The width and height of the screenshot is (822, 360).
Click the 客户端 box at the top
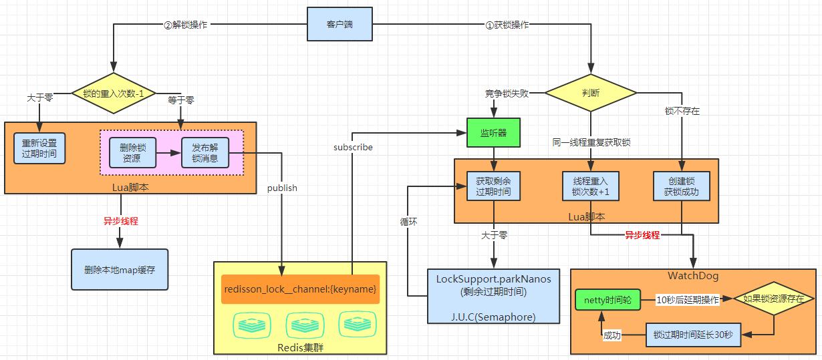(339, 24)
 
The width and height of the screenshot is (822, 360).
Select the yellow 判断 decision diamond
(591, 93)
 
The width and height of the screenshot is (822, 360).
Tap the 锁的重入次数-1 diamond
(114, 93)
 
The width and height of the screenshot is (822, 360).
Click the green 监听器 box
(493, 133)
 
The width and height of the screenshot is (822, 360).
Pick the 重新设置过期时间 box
(39, 148)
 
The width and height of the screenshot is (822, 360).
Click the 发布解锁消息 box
(205, 153)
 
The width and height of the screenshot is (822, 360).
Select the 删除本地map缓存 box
(120, 270)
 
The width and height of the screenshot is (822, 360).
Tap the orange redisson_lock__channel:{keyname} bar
(300, 289)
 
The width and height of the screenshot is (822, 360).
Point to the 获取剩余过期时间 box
(493, 186)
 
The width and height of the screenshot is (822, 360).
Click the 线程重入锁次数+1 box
(591, 186)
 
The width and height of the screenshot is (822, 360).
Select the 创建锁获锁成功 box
(681, 186)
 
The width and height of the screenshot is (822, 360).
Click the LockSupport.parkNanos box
(493, 297)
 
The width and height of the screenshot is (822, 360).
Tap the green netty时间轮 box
(607, 299)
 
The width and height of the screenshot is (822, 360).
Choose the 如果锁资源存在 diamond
(773, 299)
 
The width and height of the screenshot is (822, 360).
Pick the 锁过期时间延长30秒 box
(693, 334)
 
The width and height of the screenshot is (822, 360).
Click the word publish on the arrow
(281, 188)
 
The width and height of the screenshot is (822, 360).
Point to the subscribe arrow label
(353, 146)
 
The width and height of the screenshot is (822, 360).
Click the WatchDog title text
(692, 276)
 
